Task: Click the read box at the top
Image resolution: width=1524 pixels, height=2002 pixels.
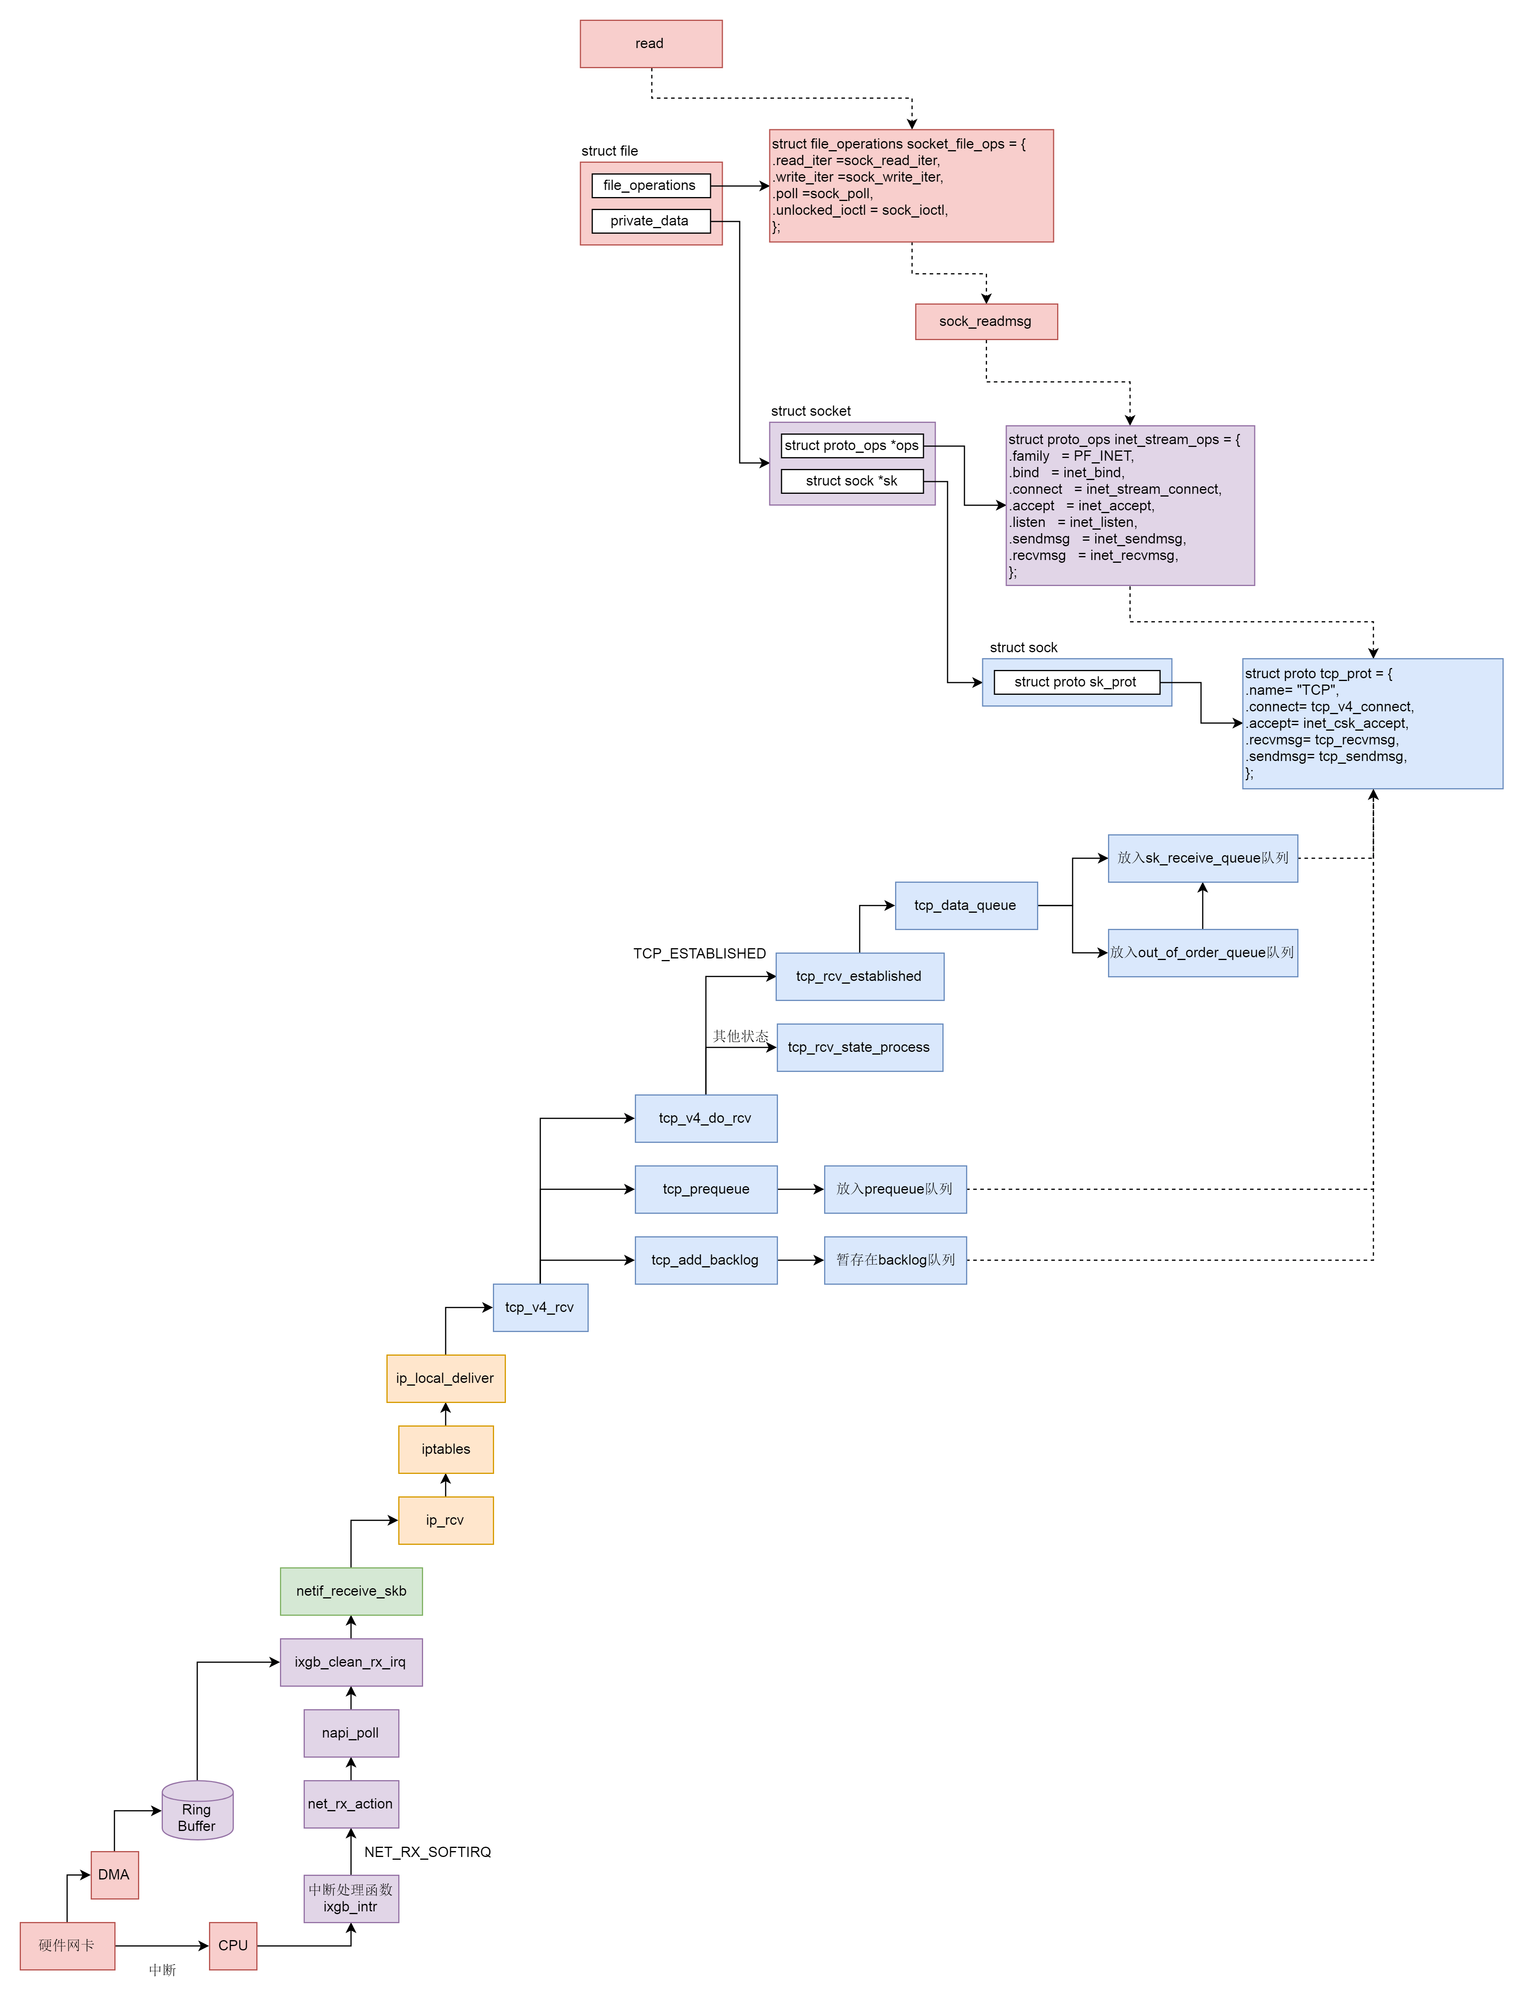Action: click(651, 43)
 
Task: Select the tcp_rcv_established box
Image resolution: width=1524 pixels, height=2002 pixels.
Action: click(859, 977)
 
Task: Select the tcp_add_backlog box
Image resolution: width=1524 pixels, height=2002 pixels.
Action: click(706, 1260)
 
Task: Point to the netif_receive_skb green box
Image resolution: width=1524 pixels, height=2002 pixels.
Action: click(351, 1591)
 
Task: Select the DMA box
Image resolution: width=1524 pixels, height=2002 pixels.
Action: click(114, 1875)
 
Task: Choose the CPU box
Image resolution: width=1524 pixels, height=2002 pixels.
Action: click(233, 1946)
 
